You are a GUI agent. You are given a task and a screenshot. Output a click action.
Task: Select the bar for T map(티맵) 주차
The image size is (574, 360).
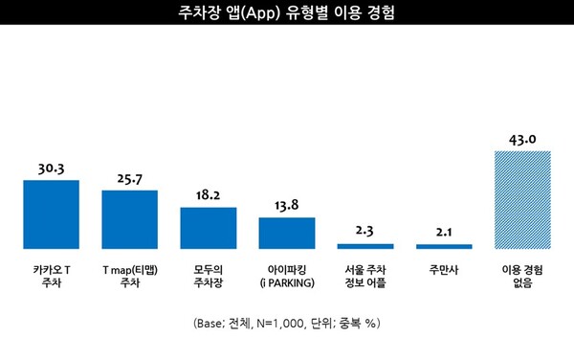click(129, 219)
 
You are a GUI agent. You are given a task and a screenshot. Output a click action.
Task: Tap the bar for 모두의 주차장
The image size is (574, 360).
click(208, 228)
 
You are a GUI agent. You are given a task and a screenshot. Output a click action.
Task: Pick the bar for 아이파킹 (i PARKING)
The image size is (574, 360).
click(286, 233)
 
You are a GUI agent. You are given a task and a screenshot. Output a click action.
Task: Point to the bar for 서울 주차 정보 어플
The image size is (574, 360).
click(364, 246)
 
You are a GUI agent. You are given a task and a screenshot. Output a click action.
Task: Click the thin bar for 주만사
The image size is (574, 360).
click(443, 246)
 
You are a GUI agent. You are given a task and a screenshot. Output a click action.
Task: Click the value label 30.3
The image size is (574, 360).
click(51, 169)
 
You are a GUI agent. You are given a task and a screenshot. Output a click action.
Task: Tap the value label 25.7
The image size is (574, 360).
click(129, 179)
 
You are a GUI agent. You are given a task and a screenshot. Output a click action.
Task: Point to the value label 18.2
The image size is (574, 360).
click(208, 195)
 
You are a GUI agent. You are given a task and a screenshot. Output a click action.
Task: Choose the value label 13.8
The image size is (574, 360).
click(286, 206)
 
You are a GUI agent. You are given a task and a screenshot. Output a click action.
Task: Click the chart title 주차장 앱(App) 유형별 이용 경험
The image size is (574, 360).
click(286, 14)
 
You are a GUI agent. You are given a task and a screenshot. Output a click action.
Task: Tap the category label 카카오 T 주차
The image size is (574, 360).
click(51, 277)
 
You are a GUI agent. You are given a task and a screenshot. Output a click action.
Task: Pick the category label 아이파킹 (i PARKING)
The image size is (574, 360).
click(286, 277)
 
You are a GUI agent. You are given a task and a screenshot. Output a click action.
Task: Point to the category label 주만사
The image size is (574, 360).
click(443, 270)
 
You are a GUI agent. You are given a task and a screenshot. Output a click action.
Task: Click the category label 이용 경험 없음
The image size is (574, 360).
click(521, 277)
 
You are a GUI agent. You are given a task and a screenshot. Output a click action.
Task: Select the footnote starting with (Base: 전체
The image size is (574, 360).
click(286, 323)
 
